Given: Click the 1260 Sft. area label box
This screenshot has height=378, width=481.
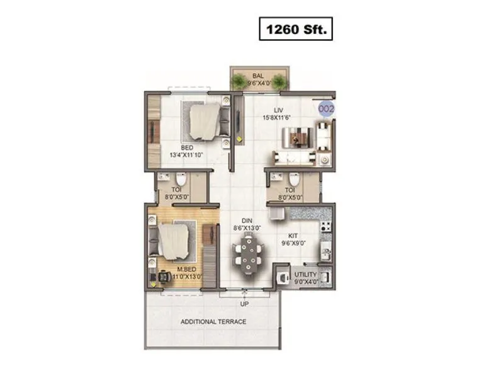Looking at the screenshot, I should click(295, 30).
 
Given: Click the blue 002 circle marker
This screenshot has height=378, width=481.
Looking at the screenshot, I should click(327, 109).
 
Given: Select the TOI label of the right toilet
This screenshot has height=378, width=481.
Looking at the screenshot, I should click(289, 190).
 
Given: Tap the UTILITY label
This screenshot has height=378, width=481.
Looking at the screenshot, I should click(305, 275).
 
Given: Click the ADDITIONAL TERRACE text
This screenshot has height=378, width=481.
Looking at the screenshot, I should click(213, 322).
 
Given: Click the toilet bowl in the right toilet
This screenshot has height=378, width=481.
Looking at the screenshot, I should click(292, 178).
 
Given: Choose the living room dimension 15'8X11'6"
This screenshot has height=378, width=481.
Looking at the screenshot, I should click(278, 117).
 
